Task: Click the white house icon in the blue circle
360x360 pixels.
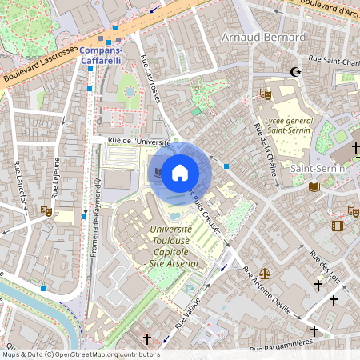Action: pyautogui.click(x=180, y=173)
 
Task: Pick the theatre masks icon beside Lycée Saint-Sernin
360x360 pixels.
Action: pyautogui.click(x=266, y=94)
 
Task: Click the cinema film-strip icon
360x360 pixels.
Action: pyautogui.click(x=337, y=226)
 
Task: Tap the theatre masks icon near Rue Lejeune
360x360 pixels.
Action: pyautogui.click(x=46, y=212)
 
